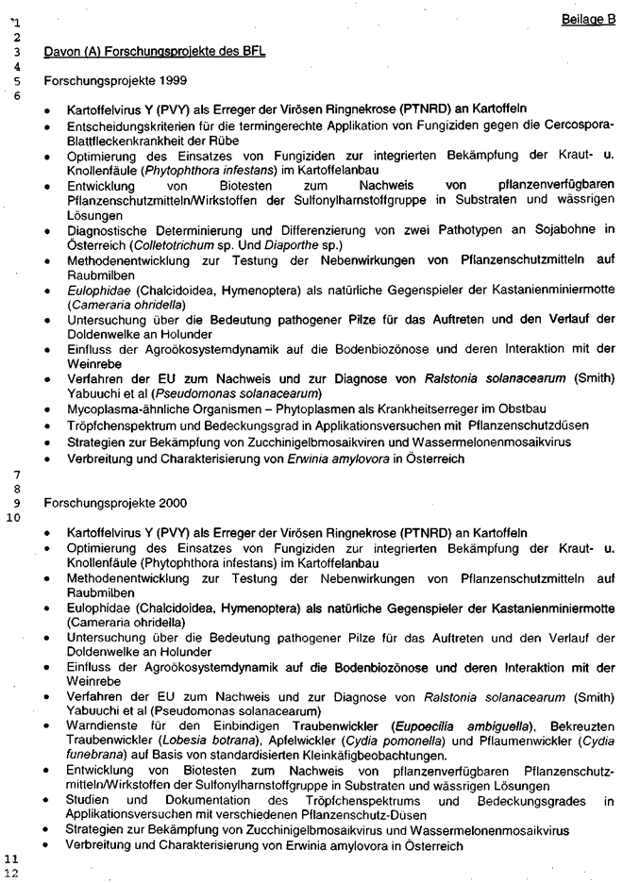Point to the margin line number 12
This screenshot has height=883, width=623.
point(12,874)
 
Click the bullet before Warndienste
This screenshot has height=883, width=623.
point(48,725)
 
